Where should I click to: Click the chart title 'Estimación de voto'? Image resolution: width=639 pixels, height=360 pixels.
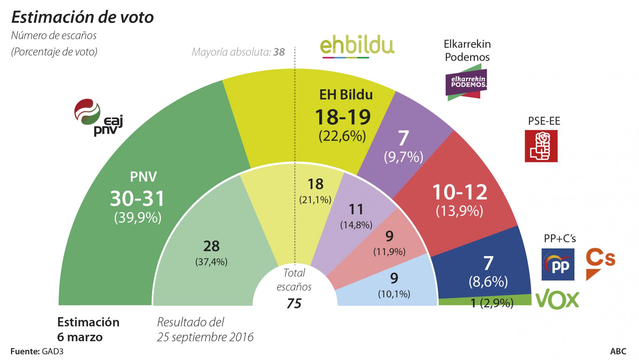tap(82, 17)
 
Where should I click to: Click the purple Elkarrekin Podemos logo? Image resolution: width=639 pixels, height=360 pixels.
tap(466, 82)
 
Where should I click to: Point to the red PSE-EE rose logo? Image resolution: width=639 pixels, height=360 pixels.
tap(541, 146)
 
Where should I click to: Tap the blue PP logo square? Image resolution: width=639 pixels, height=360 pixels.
tap(558, 264)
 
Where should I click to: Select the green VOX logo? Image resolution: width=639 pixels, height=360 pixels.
tap(557, 300)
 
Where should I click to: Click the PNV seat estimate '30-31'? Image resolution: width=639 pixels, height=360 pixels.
tap(137, 199)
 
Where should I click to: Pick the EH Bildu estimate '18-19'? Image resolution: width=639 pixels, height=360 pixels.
tap(343, 117)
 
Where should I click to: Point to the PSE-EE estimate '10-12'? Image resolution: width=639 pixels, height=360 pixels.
tap(460, 192)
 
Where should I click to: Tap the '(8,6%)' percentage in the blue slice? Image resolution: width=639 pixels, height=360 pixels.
tap(488, 282)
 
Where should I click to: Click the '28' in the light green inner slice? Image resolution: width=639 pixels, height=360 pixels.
tap(211, 246)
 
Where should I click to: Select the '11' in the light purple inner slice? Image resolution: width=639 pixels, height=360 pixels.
tap(356, 210)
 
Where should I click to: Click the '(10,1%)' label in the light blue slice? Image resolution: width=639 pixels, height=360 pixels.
tap(394, 294)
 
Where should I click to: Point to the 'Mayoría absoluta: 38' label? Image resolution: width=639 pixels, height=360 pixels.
tap(238, 52)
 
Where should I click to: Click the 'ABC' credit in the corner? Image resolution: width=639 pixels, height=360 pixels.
tap(618, 351)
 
